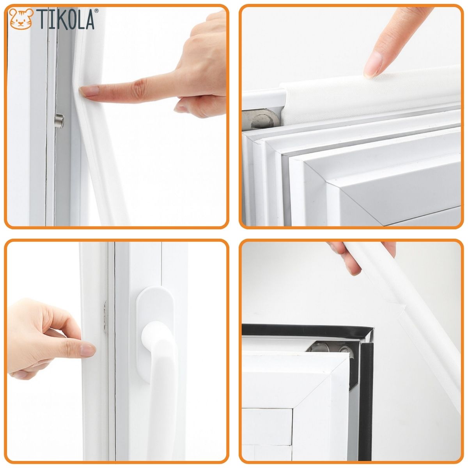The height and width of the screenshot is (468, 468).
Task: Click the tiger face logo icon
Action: coord(21,19)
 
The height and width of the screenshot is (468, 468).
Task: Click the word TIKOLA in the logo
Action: coord(66,19)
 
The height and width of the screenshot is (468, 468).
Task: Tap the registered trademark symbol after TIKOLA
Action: coord(96,11)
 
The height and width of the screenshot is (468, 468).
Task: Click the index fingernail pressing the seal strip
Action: coord(89,92)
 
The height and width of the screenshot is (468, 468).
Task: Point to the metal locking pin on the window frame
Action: coord(60,121)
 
